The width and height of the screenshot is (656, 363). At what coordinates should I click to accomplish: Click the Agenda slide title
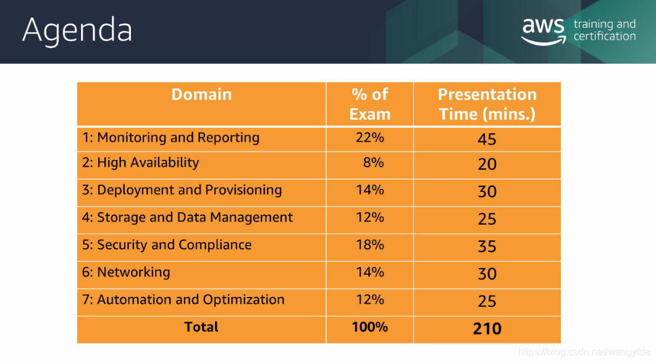[x=77, y=30]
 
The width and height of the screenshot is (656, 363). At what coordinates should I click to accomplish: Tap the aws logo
[x=544, y=31]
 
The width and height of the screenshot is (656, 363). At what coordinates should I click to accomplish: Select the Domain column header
[x=201, y=94]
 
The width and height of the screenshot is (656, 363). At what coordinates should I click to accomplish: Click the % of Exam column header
[x=370, y=104]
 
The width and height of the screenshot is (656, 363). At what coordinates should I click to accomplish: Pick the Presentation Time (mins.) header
[x=487, y=104]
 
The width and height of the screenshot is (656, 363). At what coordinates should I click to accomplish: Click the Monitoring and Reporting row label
[x=170, y=138]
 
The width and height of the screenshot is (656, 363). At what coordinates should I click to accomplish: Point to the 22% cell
[x=370, y=138]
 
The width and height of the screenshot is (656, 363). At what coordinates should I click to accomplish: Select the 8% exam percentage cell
[x=373, y=162]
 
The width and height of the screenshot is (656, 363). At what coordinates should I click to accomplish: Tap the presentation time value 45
[x=487, y=140]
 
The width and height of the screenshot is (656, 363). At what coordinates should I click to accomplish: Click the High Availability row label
[x=141, y=163]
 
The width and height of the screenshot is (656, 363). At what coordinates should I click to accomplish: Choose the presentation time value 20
[x=487, y=164]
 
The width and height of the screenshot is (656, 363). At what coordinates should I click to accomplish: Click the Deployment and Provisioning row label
[x=182, y=190]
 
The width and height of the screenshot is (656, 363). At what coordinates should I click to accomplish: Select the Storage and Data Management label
[x=187, y=217]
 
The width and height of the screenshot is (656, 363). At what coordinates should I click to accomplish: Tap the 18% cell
[x=370, y=244]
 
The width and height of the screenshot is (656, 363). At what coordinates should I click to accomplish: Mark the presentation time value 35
[x=487, y=246]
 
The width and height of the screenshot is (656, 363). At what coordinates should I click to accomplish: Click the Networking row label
[x=126, y=273]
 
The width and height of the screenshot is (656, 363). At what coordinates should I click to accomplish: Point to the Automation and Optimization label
[x=183, y=300]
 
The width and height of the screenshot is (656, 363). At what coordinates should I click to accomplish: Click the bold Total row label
[x=201, y=327]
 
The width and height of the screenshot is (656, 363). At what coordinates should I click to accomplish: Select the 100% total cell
[x=370, y=327]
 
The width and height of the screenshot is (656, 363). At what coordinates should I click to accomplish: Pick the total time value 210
[x=487, y=328]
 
